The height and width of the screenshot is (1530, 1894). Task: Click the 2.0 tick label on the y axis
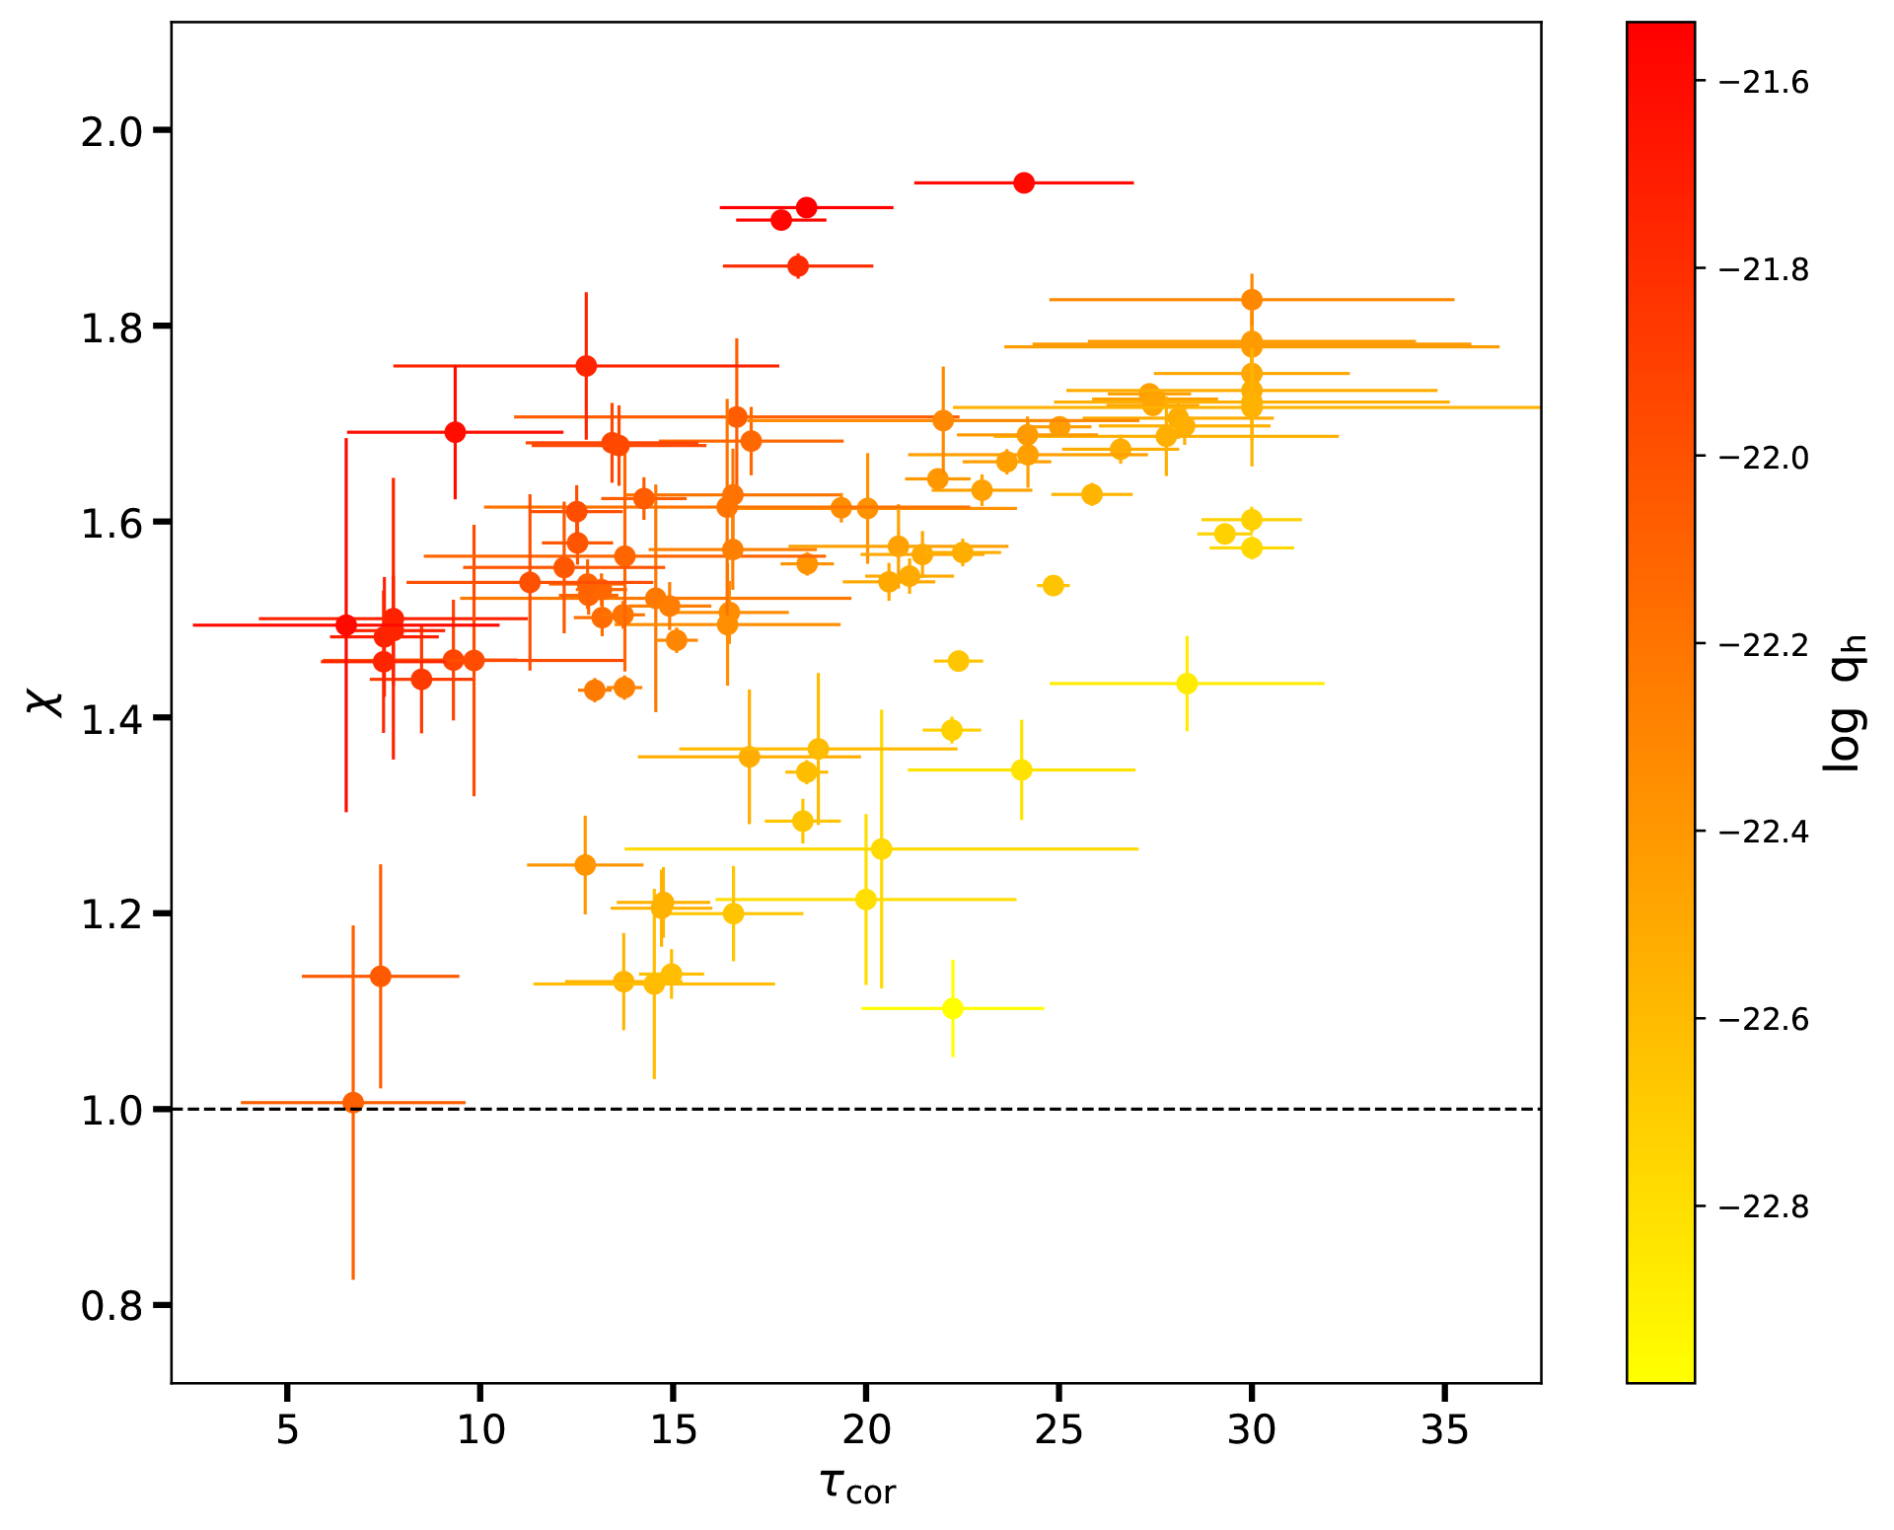[111, 130]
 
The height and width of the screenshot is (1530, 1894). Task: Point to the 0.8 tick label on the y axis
[111, 1306]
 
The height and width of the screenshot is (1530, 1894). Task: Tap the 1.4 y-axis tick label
[111, 718]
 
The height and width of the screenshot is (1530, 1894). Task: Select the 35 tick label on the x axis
[1444, 1429]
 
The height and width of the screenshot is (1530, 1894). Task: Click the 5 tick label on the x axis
[287, 1429]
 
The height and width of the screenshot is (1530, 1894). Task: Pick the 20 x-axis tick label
[865, 1429]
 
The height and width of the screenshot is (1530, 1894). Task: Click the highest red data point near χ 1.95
[1024, 182]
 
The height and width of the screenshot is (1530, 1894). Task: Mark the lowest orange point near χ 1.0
[353, 1102]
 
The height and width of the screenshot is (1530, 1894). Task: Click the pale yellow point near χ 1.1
[953, 1008]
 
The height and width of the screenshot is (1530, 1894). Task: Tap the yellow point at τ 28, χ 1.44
[1187, 684]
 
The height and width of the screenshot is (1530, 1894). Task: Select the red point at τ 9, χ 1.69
[455, 432]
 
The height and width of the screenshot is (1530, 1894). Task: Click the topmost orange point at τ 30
[1252, 299]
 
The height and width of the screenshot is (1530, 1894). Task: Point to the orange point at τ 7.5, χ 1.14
[380, 977]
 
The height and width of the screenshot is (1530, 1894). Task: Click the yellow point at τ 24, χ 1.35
[1021, 769]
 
